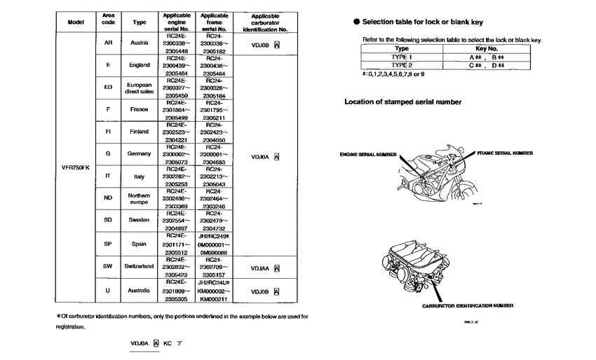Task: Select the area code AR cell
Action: [108, 42]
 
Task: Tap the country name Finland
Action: [139, 132]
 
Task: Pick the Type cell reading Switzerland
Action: [139, 266]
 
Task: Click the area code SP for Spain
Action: [108, 244]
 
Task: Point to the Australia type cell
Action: [139, 289]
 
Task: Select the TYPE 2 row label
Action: [401, 64]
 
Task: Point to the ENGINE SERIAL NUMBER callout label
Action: [368, 153]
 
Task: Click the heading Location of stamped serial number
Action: [402, 102]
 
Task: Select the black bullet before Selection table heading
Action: [356, 22]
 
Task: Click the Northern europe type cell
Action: [139, 199]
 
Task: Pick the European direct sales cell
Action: [139, 88]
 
